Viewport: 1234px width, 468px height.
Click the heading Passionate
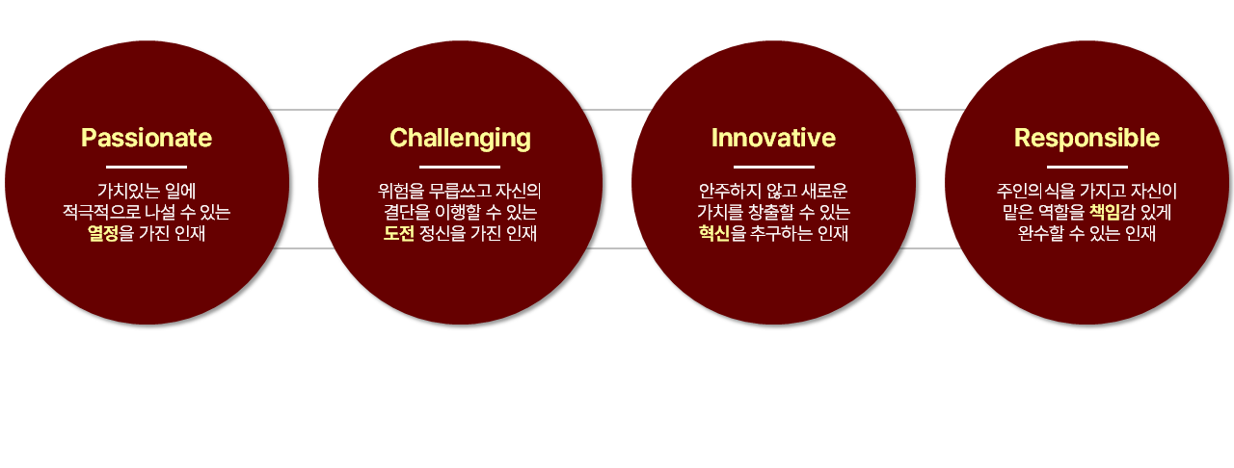coord(147,138)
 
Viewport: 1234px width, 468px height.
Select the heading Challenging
coord(460,139)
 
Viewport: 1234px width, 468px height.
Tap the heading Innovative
coord(773,138)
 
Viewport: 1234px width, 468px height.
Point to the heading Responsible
coord(1086,139)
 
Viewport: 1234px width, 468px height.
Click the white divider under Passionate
coord(147,167)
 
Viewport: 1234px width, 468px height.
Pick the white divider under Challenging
coord(460,167)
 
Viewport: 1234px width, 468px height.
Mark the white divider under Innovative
coord(774,167)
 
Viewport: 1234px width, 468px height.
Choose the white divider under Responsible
coord(1087,167)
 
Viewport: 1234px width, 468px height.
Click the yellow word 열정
coord(103,233)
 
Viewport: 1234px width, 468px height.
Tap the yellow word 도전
coord(399,233)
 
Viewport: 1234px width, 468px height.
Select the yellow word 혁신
coord(714,233)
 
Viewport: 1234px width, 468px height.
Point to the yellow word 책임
coord(1105,212)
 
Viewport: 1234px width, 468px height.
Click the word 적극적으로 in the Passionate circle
coord(101,212)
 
